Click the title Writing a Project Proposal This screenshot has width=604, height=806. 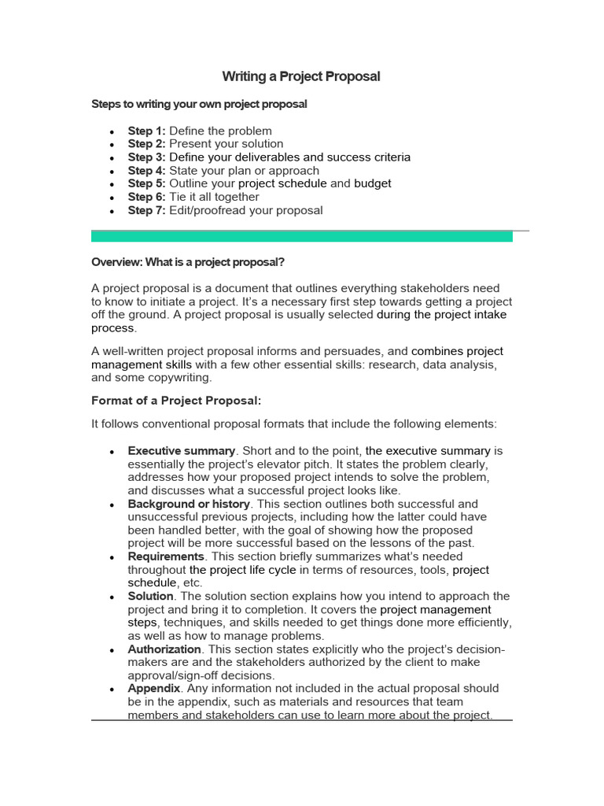301,76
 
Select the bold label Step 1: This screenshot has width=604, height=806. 147,131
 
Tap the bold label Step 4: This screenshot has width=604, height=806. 147,171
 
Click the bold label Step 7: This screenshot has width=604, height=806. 147,210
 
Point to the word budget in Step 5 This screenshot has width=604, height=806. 372,183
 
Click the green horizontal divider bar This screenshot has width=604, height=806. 301,235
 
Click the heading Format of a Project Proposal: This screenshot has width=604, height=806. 175,401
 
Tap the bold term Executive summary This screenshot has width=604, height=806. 182,451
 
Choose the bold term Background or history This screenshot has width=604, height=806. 189,504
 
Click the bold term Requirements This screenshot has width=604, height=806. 166,556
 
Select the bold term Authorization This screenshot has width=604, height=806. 165,649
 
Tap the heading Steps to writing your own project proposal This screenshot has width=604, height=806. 199,104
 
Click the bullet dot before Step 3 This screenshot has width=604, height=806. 113,158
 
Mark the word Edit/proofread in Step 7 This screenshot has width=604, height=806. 206,210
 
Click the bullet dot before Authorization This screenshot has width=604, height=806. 113,650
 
